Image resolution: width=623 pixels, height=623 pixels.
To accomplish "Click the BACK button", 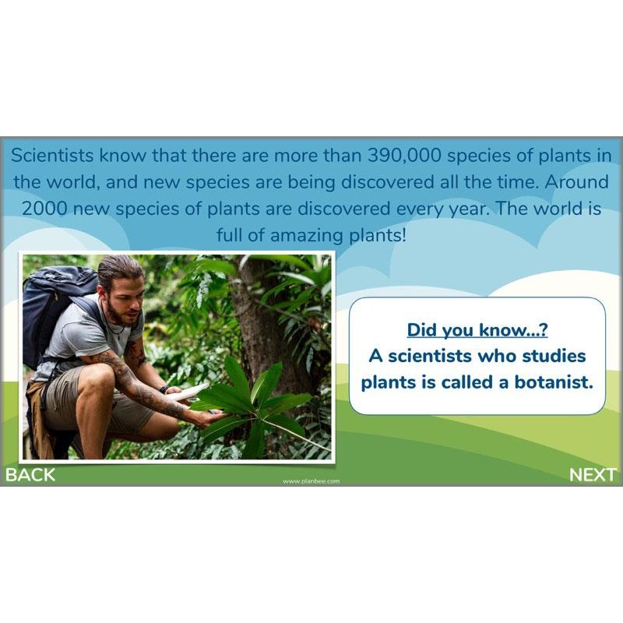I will pyautogui.click(x=31, y=474).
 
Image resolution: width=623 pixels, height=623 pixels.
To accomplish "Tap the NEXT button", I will pyautogui.click(x=593, y=474).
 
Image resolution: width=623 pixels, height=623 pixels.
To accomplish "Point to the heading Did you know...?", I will pyautogui.click(x=477, y=329).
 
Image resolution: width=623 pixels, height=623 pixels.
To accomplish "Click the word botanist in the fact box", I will pyautogui.click(x=547, y=382).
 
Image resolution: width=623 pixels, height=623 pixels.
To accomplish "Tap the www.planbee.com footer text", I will pyautogui.click(x=311, y=481).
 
